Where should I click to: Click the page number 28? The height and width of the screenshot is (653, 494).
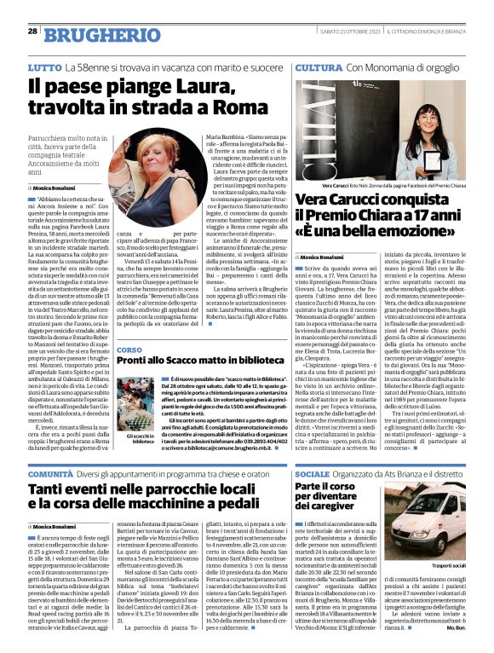32,31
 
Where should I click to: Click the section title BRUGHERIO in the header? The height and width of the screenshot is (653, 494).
94,34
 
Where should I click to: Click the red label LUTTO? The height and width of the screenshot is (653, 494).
43,66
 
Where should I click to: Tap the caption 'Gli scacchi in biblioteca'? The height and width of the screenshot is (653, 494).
139,438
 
